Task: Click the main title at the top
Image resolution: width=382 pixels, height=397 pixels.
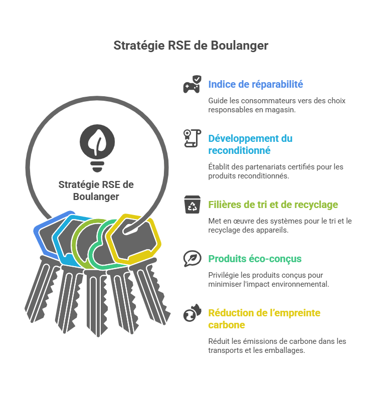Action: (x=191, y=46)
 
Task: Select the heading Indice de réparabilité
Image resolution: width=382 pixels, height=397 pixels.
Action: (x=256, y=84)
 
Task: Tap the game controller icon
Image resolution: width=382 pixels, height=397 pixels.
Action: (x=193, y=84)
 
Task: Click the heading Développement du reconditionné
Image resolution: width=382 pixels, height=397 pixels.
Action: (x=250, y=144)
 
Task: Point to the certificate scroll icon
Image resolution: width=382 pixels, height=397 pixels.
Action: (x=193, y=138)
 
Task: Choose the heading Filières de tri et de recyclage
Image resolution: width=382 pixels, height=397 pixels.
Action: (x=273, y=205)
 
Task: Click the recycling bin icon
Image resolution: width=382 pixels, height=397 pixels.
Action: (x=193, y=205)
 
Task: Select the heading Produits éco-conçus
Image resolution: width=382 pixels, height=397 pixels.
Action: (x=255, y=259)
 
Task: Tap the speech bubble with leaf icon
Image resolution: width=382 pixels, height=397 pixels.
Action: (x=193, y=259)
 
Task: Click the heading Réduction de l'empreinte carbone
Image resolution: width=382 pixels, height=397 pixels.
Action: (x=264, y=319)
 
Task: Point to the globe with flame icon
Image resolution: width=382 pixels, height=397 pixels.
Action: (x=193, y=313)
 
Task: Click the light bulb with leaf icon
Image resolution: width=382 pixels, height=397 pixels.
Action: (x=97, y=148)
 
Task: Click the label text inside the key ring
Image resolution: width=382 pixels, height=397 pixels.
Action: (x=96, y=190)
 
